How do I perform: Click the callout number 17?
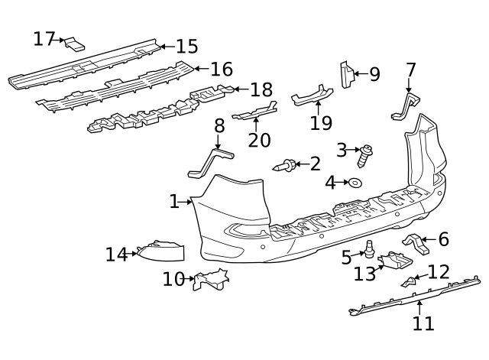[x=44, y=38]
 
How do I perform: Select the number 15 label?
[x=186, y=47]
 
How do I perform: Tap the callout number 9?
[x=374, y=74]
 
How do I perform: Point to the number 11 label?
[x=423, y=323]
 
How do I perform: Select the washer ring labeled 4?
[x=355, y=183]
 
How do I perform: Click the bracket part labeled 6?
[x=416, y=242]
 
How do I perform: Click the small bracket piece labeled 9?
[x=345, y=73]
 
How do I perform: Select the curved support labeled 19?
[x=311, y=97]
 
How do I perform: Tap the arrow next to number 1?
[x=186, y=202]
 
